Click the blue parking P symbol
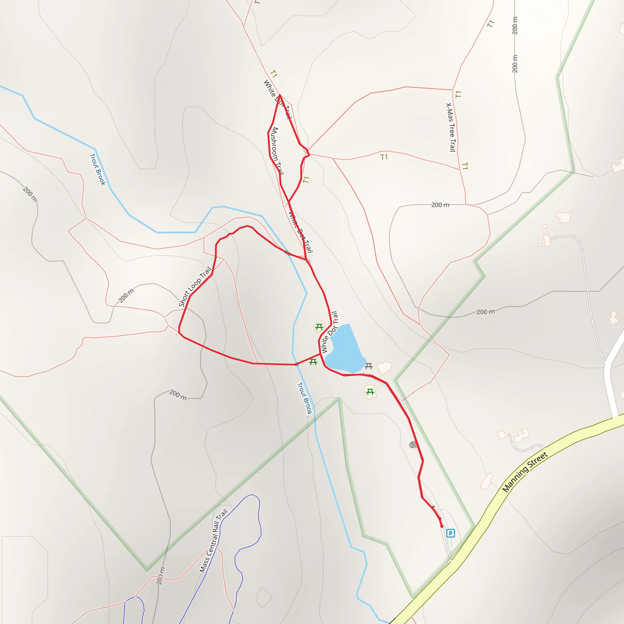point(451,533)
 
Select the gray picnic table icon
point(369,366)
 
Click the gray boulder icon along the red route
point(413,445)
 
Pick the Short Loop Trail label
point(195,286)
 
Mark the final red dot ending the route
point(442,526)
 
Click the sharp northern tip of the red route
point(280,95)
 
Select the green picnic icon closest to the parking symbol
point(370,392)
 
